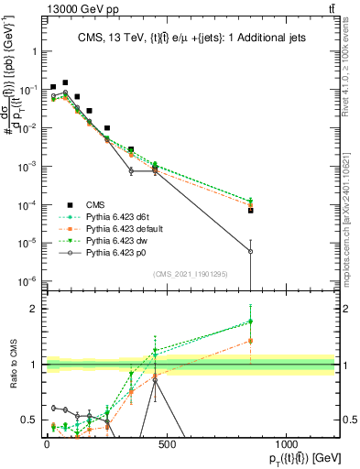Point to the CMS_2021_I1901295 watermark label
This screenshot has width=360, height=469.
click(x=195, y=272)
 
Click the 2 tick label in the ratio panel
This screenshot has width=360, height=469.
click(x=33, y=309)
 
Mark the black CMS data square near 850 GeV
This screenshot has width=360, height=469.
click(x=250, y=210)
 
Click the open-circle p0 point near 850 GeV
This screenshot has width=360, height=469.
click(x=250, y=252)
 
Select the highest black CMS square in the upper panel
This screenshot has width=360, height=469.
click(x=65, y=82)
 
